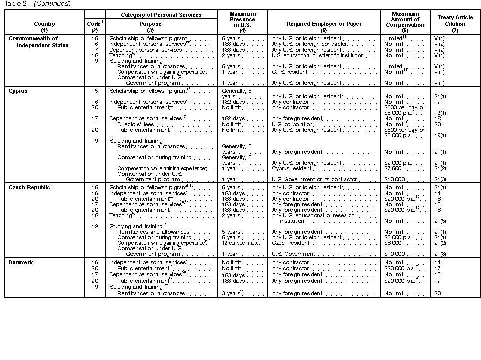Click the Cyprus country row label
click(18, 91)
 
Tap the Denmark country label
click(21, 262)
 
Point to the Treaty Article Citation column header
click(455, 20)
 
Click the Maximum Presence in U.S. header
click(242, 19)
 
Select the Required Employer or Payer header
click(323, 24)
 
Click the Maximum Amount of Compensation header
click(405, 19)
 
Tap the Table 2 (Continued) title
click(37, 4)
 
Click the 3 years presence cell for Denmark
click(232, 293)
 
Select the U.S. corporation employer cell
click(292, 124)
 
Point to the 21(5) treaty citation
click(440, 221)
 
